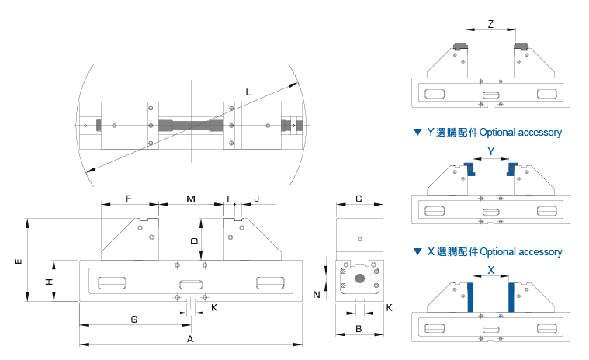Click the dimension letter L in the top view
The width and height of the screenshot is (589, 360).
click(248, 93)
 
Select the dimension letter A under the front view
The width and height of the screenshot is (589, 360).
click(190, 340)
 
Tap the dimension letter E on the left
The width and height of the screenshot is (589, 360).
click(17, 262)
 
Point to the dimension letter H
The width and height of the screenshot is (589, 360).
click(49, 281)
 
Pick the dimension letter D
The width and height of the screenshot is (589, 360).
click(194, 241)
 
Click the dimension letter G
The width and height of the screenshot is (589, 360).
click(133, 319)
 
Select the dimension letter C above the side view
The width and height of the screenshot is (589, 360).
click(358, 199)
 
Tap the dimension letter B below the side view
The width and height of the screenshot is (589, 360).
click(358, 328)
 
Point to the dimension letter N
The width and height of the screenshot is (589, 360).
click(316, 294)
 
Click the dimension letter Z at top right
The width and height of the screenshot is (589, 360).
click(491, 24)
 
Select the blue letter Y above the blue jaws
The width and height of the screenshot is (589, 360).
click(490, 150)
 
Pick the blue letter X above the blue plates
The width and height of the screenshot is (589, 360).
click(490, 270)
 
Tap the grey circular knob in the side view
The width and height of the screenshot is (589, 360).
click(359, 278)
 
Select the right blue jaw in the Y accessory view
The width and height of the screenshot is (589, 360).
click(513, 169)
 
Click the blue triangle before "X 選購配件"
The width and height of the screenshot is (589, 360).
click(417, 252)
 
